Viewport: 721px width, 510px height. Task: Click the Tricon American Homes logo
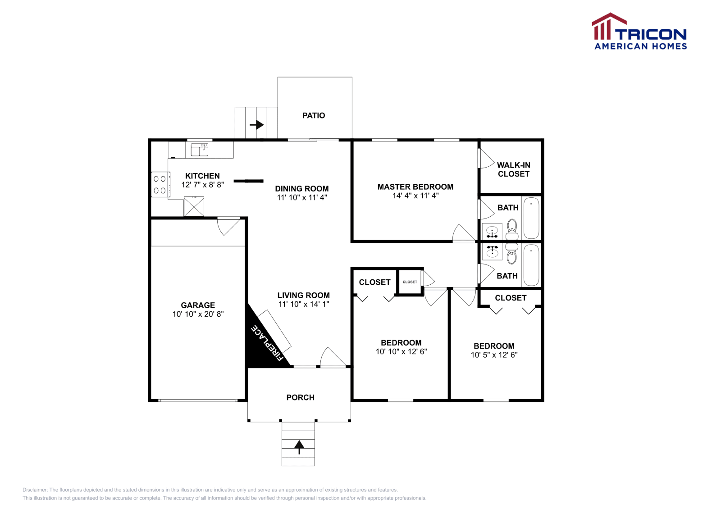[639, 32]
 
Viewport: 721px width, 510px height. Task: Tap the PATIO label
[314, 116]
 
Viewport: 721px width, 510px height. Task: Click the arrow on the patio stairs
[257, 124]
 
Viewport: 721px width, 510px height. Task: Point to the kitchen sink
[199, 149]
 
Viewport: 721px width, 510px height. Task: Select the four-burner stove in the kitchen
[160, 185]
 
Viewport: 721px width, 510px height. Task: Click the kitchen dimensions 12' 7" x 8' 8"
[202, 185]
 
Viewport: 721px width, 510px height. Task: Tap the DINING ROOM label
[302, 189]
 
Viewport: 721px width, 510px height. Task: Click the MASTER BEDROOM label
[415, 187]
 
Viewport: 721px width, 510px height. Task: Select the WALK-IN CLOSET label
[513, 169]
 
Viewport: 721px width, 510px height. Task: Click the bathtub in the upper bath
[531, 218]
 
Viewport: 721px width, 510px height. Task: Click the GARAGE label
[198, 305]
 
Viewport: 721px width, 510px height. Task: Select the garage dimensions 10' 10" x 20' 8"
[198, 314]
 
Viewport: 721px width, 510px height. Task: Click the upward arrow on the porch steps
[299, 447]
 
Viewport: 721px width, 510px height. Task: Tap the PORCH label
[300, 397]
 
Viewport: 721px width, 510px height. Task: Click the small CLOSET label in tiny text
[410, 282]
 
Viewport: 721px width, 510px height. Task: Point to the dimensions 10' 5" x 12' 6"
[494, 355]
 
